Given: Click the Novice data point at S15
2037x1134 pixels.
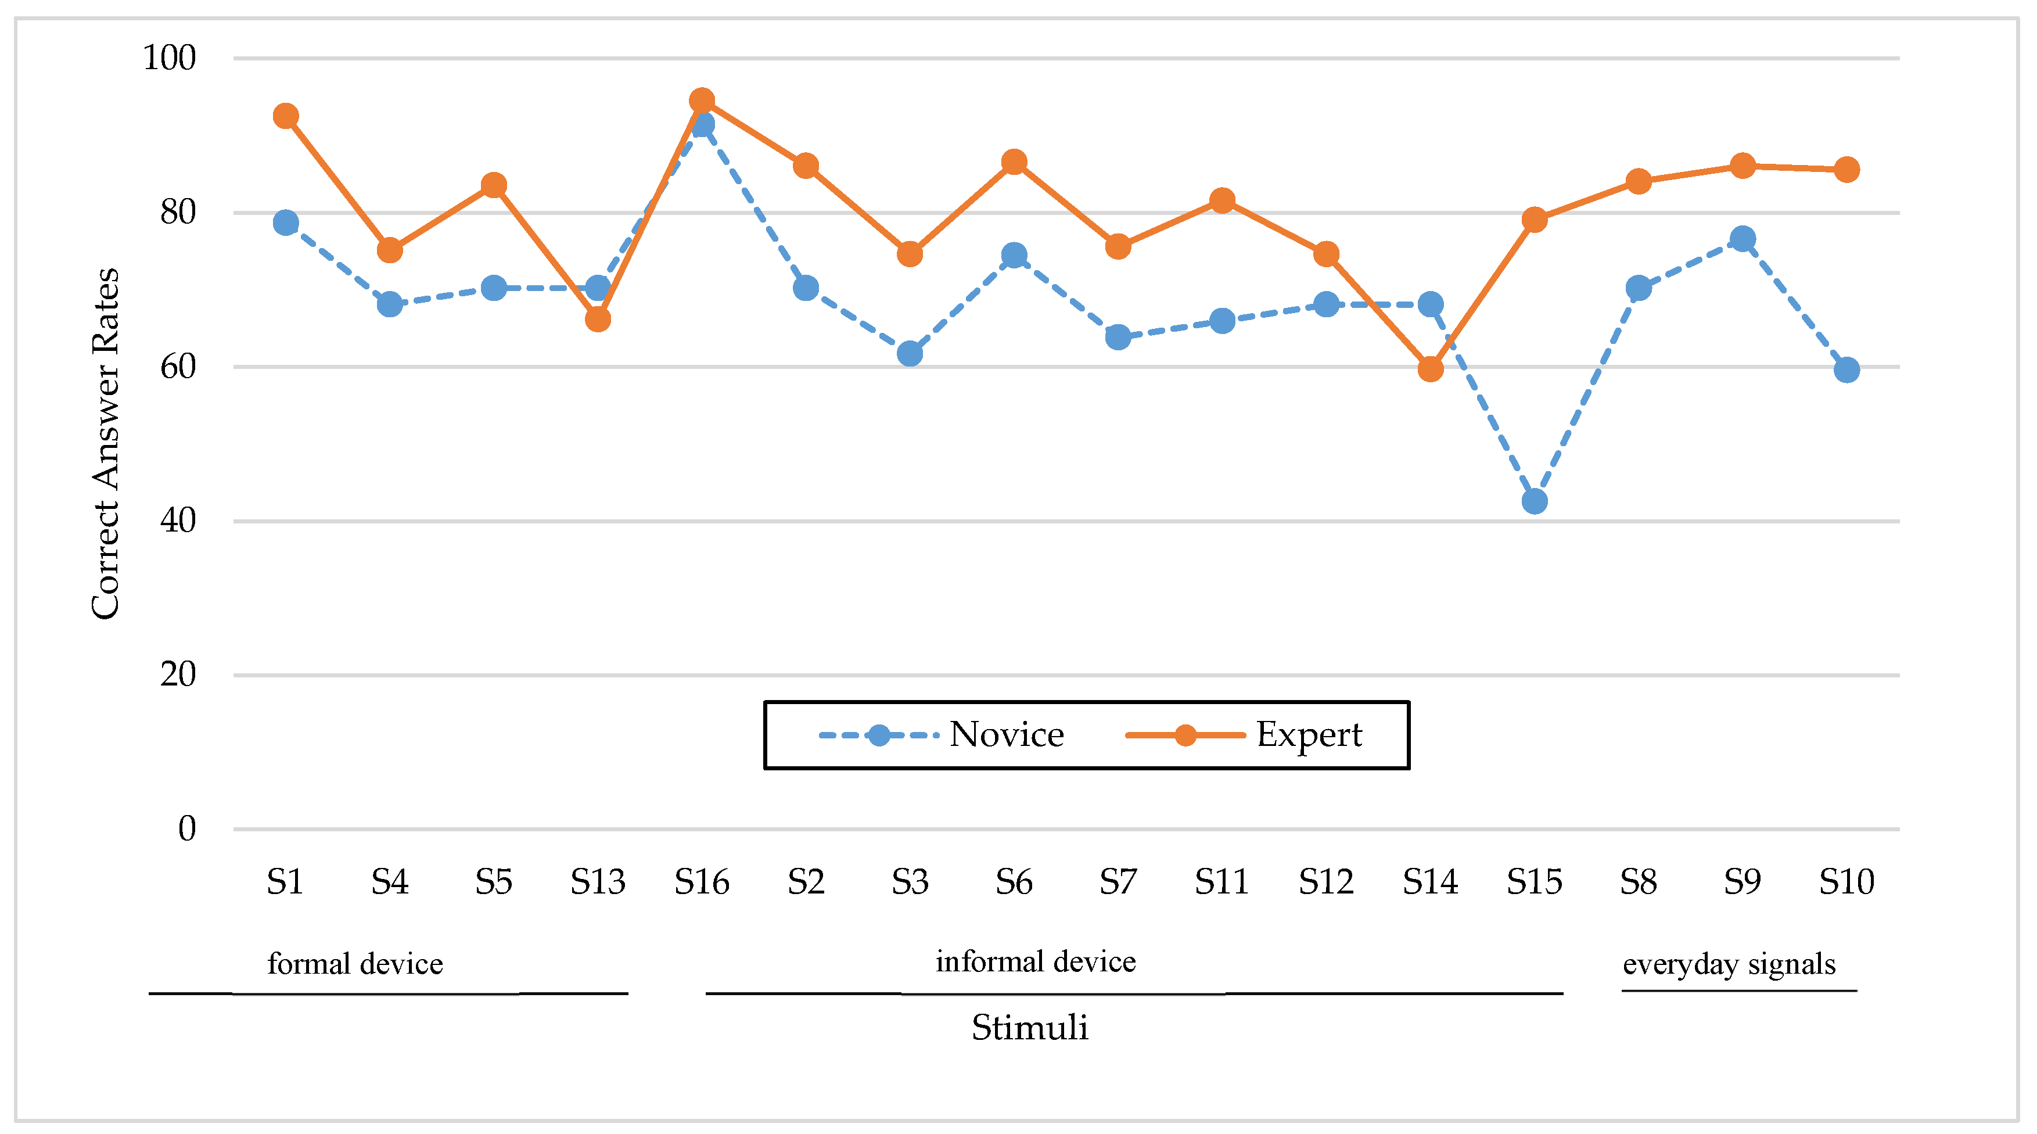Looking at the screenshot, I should point(1534,501).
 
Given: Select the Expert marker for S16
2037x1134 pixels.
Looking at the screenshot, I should point(702,101).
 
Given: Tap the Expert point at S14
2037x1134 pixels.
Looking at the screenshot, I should point(1429,368).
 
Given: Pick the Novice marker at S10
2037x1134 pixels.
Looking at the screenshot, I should point(1846,369).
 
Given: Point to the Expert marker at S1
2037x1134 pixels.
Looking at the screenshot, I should point(285,116).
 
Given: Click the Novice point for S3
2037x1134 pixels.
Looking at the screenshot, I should point(910,353).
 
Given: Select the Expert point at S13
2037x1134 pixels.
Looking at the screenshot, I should point(598,319).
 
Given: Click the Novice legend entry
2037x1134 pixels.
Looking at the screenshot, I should point(941,735).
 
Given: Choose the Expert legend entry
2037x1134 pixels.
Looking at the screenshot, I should point(1244,735).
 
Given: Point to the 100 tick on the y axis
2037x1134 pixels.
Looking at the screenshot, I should point(169,58).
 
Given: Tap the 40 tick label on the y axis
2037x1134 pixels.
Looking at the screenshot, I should point(178,521).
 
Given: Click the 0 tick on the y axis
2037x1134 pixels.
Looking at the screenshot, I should point(186,829).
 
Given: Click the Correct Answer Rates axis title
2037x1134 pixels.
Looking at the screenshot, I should point(105,443).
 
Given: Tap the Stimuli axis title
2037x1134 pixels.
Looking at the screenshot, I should point(1030,1027).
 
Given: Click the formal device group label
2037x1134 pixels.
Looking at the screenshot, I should point(355,963).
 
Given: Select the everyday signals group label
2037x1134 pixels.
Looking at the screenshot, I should point(1729,963).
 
